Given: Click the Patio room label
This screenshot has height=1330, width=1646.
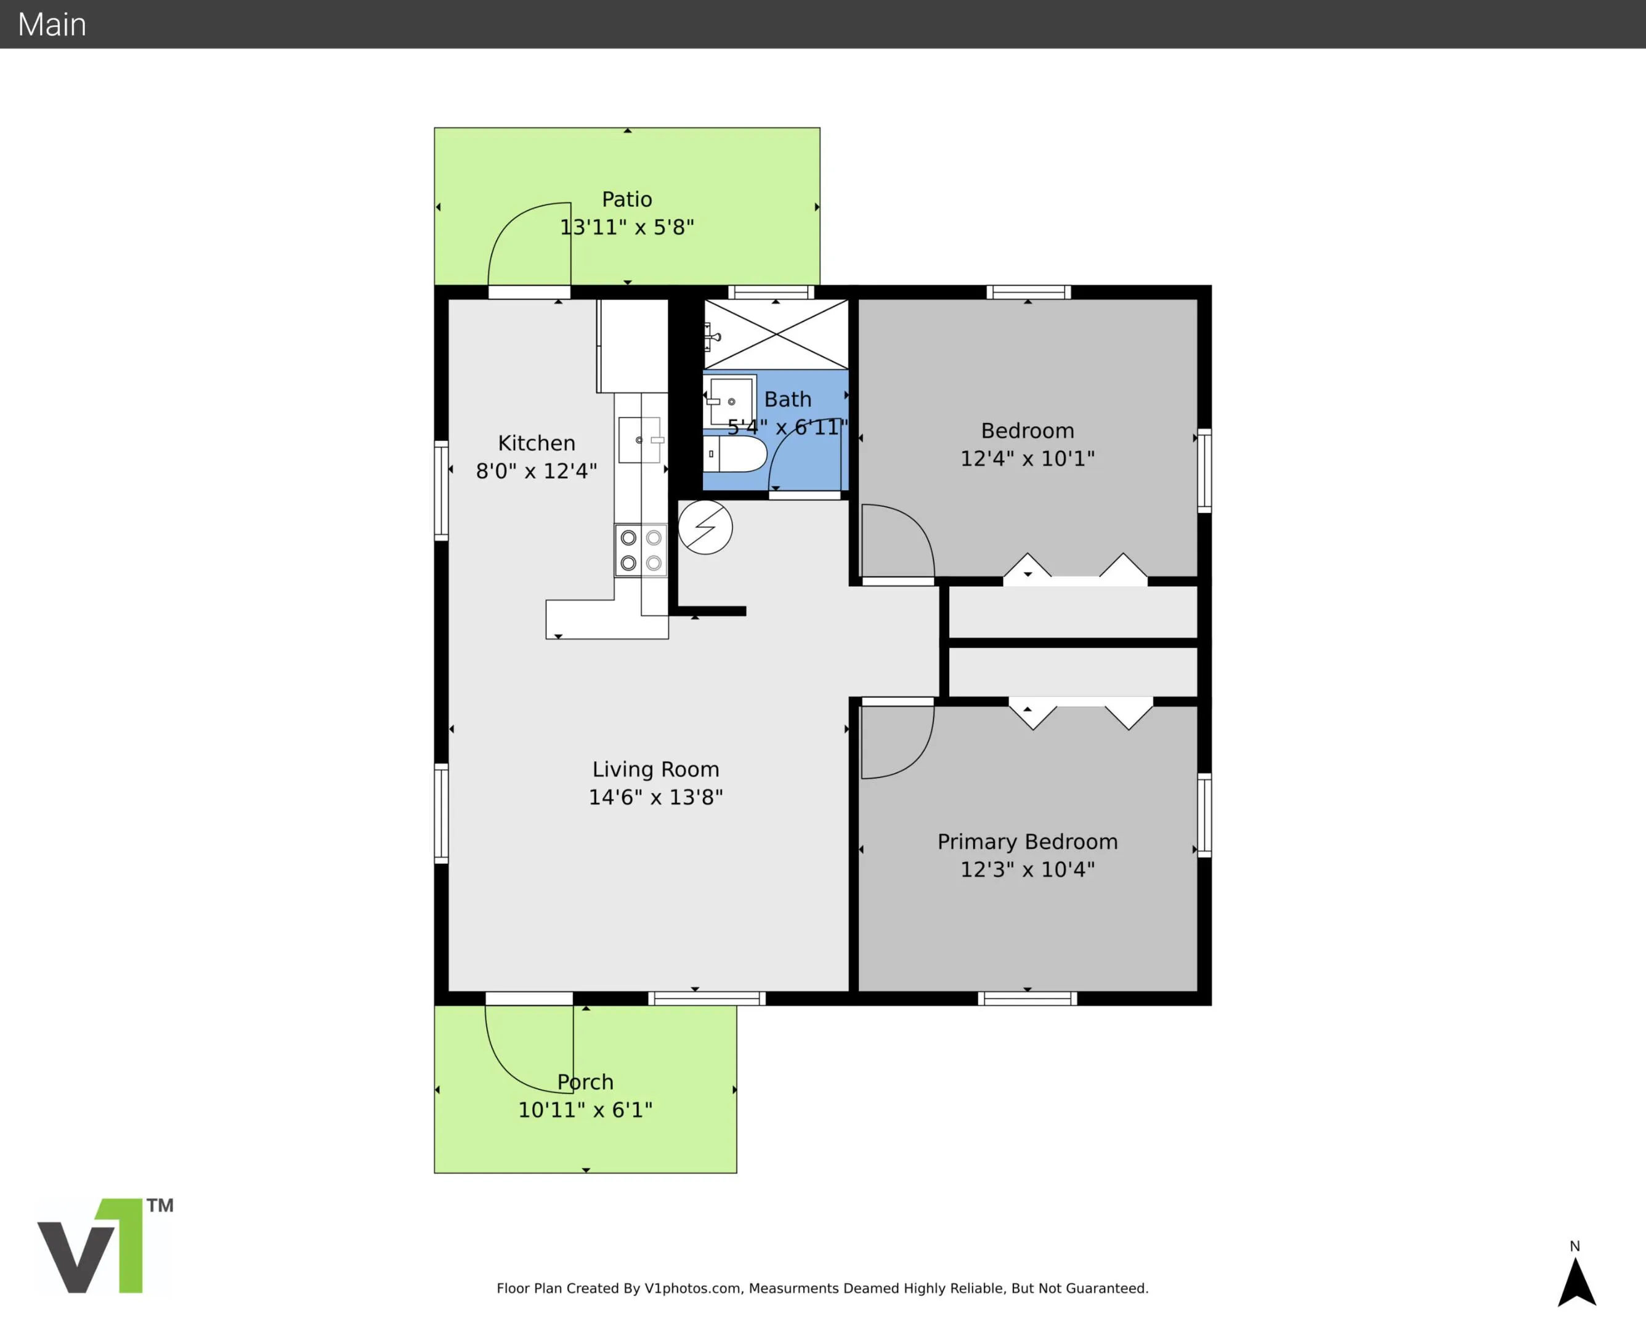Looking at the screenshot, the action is coord(627,199).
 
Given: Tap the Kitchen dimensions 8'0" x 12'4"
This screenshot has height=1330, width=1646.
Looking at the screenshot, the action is coord(537,470).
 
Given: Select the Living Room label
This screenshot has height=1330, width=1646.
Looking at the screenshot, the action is coord(655,769).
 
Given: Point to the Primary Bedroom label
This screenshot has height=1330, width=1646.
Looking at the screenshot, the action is coord(1028,842).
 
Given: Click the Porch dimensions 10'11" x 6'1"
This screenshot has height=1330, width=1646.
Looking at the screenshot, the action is coord(585,1110).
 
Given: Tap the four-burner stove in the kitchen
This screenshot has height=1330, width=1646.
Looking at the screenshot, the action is coord(641,550).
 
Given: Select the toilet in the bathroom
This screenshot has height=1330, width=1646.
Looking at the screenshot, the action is coord(735,454).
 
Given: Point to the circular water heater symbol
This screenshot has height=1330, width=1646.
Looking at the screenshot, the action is coord(705,527).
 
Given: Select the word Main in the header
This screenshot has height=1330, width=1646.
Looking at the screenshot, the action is coord(52,25).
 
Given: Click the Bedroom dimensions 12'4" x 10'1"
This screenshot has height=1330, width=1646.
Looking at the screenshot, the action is coord(1028,458).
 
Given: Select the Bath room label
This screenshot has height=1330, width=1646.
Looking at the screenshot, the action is coord(788,399).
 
